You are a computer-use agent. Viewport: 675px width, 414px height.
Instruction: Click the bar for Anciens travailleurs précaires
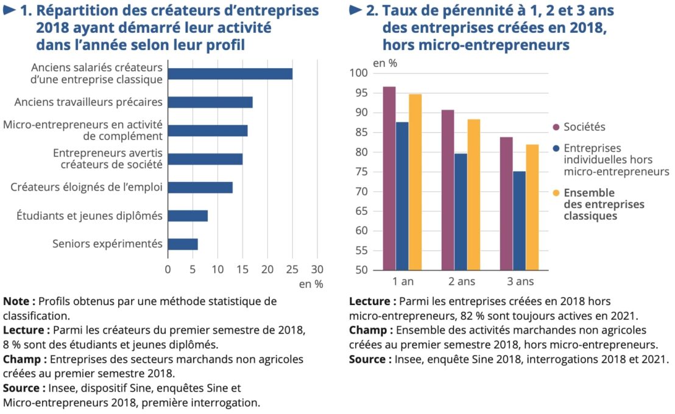(x=210, y=102)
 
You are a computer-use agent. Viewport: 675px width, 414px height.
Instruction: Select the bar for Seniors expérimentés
(x=183, y=244)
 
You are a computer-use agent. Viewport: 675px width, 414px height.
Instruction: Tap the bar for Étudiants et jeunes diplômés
(x=188, y=216)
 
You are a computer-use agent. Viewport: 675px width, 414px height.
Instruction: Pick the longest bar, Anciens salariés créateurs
(x=230, y=74)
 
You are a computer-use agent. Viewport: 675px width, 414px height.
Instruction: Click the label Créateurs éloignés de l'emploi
(x=86, y=187)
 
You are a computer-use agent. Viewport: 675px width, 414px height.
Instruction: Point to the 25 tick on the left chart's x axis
(x=292, y=268)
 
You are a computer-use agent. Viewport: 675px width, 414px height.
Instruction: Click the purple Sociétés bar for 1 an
(x=389, y=178)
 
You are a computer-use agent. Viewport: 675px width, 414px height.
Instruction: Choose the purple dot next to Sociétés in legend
(x=556, y=127)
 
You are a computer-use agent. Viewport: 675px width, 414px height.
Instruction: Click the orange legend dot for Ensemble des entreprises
(x=556, y=194)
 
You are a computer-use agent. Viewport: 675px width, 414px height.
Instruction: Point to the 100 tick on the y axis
(x=359, y=74)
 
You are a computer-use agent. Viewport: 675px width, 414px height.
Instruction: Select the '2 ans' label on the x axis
(x=461, y=281)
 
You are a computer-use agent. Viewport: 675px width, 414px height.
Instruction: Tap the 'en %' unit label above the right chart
(x=384, y=62)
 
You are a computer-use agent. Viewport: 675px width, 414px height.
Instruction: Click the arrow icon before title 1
(x=10, y=11)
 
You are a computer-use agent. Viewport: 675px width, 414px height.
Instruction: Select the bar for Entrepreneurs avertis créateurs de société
(x=205, y=159)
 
